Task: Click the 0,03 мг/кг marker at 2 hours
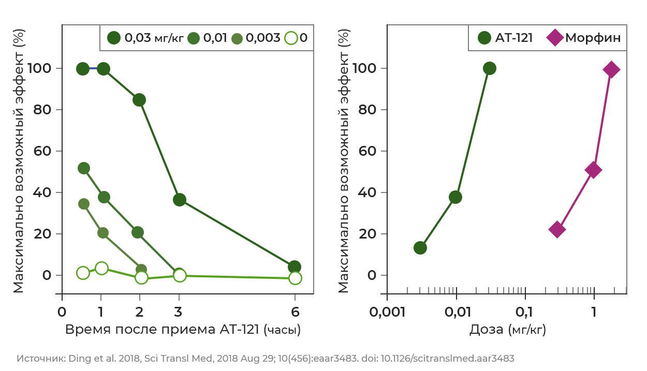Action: coord(139,100)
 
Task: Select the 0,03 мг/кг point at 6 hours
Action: coord(295,267)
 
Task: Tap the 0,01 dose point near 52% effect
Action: coord(84,168)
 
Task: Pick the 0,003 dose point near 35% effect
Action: coord(84,204)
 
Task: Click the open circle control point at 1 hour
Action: coord(101,269)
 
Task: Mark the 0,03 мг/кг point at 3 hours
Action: coord(180,200)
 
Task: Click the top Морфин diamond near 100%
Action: coord(611,69)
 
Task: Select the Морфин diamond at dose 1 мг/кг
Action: coord(593,170)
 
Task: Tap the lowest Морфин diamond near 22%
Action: coord(557,230)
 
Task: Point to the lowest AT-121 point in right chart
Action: coord(420,248)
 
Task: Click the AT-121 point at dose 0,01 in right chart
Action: coord(455,197)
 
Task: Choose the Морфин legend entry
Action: coord(583,38)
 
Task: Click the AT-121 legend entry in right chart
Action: coord(505,38)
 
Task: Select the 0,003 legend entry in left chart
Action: coord(256,38)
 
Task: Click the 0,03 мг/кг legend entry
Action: coord(145,38)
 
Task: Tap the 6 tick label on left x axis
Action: coord(295,312)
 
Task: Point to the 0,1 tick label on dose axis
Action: coord(524,312)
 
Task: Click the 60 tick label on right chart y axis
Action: coord(367,151)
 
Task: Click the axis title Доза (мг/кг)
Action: coord(507,330)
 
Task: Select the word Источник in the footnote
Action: coord(41,358)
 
